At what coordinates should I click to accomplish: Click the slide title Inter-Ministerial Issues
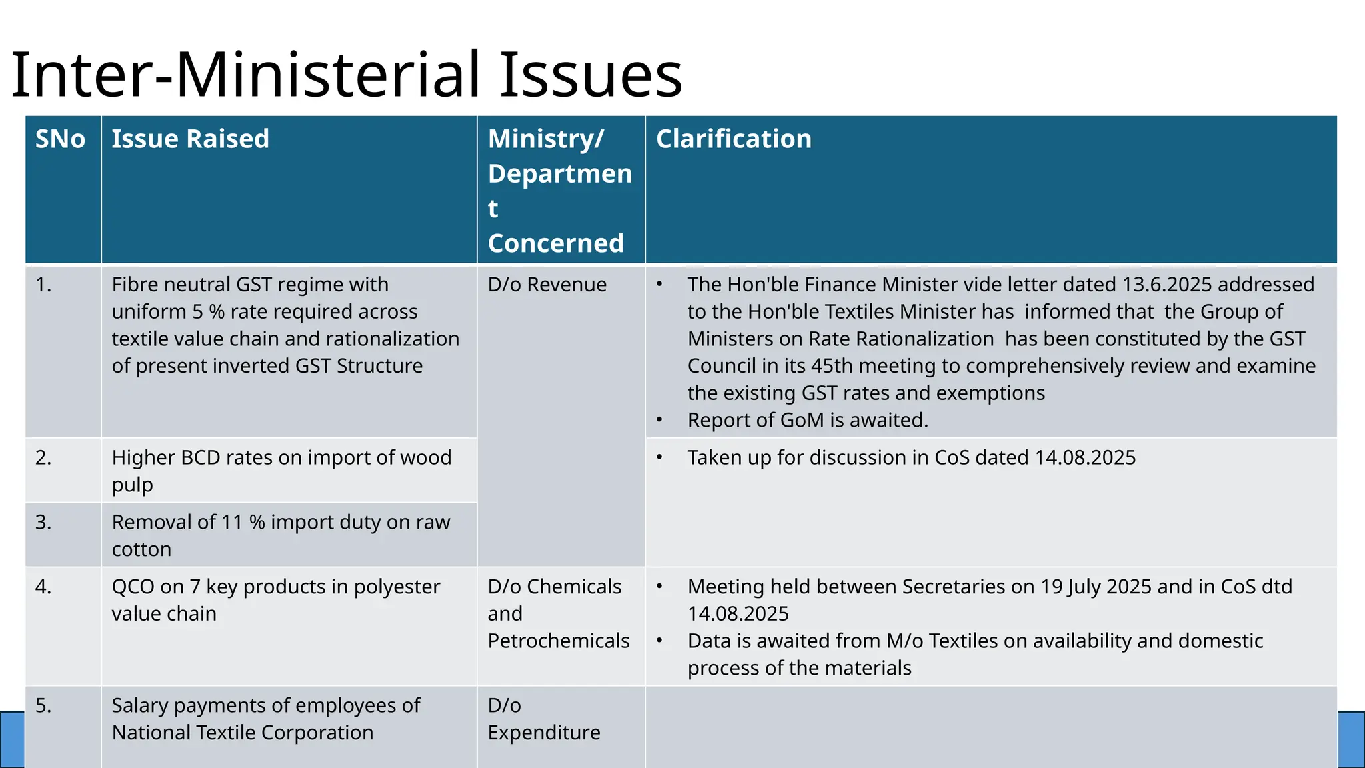(x=347, y=75)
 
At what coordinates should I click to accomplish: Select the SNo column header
(x=60, y=139)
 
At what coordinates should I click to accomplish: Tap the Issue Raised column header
(x=190, y=139)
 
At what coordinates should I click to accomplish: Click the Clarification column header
(x=733, y=139)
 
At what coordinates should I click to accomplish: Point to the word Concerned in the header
(x=555, y=243)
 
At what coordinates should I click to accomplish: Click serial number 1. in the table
(x=43, y=285)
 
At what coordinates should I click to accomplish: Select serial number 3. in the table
(x=43, y=522)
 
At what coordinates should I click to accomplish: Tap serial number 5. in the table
(x=43, y=705)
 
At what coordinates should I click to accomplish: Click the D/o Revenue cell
(x=547, y=285)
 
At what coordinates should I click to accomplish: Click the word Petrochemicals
(x=558, y=641)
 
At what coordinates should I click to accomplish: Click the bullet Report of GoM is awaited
(x=808, y=421)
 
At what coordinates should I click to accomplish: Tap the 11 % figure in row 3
(x=243, y=522)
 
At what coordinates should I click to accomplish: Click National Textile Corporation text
(x=243, y=733)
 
